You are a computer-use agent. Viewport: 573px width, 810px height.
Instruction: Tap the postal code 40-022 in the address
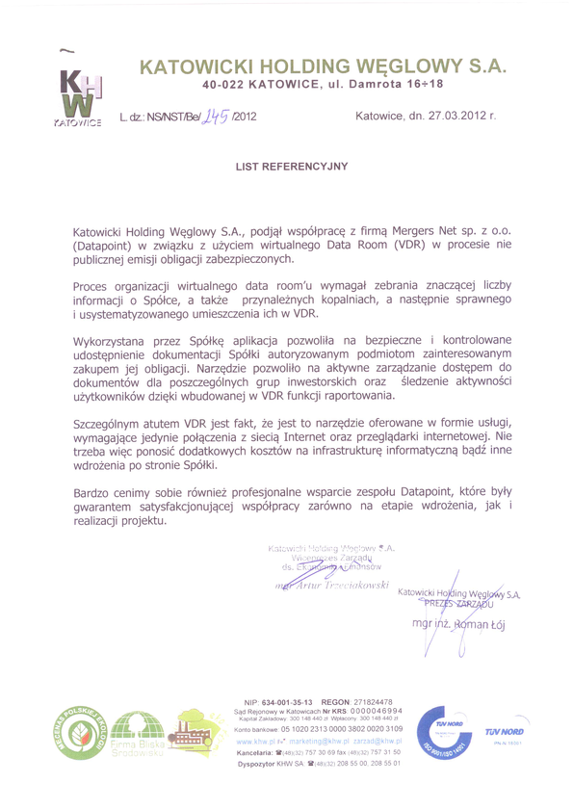click(222, 86)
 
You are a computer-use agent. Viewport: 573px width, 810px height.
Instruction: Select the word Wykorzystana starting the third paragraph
click(113, 341)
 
